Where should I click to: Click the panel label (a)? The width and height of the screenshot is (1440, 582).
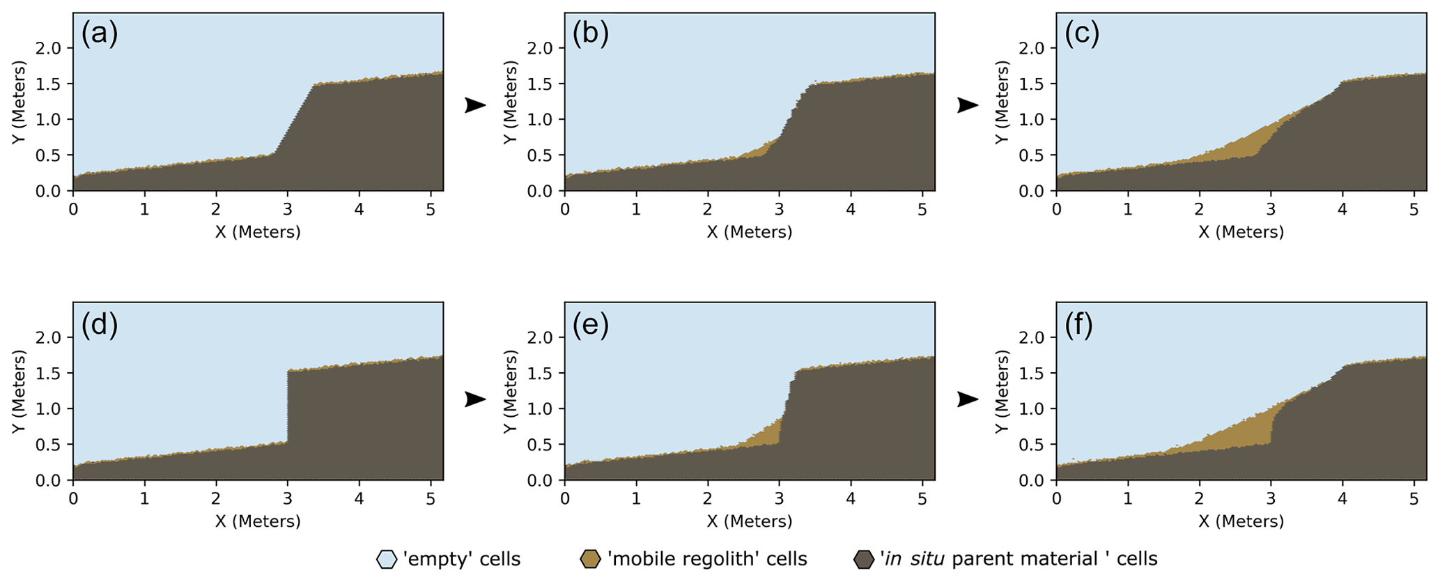tap(100, 34)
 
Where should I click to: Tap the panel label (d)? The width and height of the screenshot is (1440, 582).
tap(100, 324)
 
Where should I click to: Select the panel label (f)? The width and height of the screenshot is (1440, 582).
tap(1079, 324)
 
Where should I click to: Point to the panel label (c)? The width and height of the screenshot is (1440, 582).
tap(1082, 34)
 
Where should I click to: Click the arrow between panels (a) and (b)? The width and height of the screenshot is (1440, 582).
tap(475, 105)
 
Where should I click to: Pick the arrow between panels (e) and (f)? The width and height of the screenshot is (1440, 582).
tap(968, 399)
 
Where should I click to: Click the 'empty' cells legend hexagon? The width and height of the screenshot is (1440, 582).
tap(386, 559)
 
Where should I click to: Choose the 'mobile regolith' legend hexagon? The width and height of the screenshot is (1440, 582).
tap(590, 559)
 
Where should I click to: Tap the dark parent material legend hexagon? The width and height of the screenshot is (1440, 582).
tap(864, 559)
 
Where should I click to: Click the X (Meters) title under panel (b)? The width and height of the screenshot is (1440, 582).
tap(750, 232)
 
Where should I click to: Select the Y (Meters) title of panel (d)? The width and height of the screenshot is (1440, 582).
tap(20, 392)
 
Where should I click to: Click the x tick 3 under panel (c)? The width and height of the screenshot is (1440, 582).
tap(1270, 209)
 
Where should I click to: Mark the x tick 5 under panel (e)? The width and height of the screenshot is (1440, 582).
tap(921, 499)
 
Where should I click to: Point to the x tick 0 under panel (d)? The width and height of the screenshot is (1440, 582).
tap(73, 499)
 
